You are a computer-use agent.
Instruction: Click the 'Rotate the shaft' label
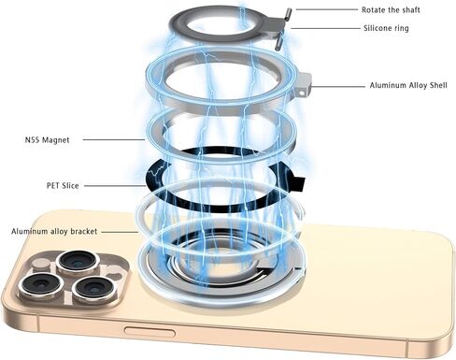pos(391,10)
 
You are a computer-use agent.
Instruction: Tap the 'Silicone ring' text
pos(386,28)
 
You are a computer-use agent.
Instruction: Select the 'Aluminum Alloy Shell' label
pos(408,85)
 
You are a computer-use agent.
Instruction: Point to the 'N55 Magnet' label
pos(47,140)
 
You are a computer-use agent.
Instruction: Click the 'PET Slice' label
pos(63,186)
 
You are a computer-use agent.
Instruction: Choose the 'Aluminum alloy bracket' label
pos(54,232)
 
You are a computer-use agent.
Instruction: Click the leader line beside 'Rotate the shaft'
pos(327,9)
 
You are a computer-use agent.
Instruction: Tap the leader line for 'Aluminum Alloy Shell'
pos(337,86)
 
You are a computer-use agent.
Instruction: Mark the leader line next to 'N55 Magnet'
pos(114,139)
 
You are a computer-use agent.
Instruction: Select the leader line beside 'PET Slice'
pos(115,186)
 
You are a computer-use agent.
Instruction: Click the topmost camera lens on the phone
pos(78,262)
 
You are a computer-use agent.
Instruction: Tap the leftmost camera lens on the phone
pos(40,285)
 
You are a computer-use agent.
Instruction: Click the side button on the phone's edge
pos(150,332)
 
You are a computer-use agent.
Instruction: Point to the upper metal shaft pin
pos(288,14)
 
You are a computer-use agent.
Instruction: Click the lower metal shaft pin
pos(278,41)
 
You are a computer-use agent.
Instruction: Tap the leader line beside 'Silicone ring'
pos(325,28)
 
